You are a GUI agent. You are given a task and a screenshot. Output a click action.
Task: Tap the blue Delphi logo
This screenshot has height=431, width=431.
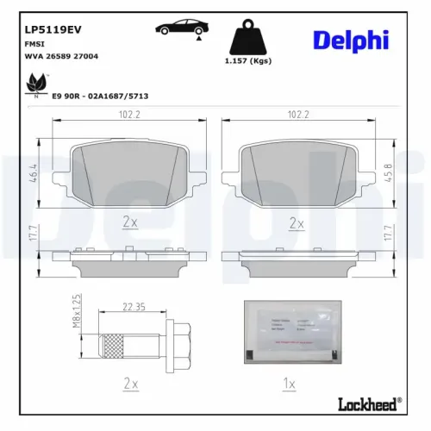351,40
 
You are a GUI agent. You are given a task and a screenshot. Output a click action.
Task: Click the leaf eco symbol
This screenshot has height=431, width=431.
36,84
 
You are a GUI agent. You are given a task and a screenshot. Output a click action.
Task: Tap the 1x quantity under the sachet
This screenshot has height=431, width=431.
290,382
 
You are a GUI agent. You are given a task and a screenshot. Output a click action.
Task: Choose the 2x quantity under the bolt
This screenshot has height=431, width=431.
130,382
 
